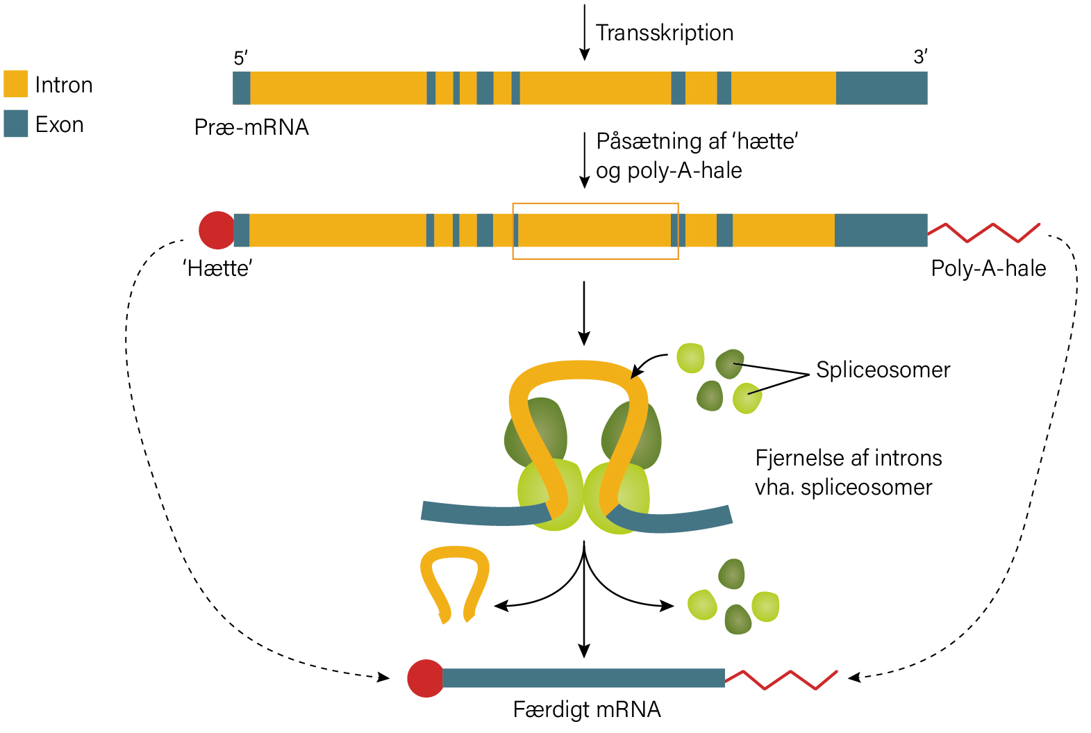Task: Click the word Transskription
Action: click(x=665, y=33)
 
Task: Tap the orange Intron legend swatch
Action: click(x=15, y=84)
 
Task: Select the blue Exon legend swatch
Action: click(x=15, y=123)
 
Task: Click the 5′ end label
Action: click(x=240, y=58)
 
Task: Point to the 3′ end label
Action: click(x=920, y=57)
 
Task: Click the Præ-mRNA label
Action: click(x=251, y=127)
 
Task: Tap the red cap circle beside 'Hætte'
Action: click(x=217, y=230)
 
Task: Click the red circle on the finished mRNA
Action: click(x=425, y=678)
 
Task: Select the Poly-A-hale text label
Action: click(x=989, y=269)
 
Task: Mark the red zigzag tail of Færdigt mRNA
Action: click(x=781, y=680)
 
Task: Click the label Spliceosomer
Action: click(x=883, y=370)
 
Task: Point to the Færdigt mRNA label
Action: click(x=587, y=710)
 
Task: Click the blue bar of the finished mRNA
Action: click(x=583, y=678)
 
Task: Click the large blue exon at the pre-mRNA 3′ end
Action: click(x=881, y=88)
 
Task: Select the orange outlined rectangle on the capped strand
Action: click(x=513, y=231)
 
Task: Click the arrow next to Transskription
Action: click(x=585, y=32)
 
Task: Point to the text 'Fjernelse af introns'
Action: click(x=849, y=459)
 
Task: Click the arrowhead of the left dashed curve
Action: click(x=384, y=677)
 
